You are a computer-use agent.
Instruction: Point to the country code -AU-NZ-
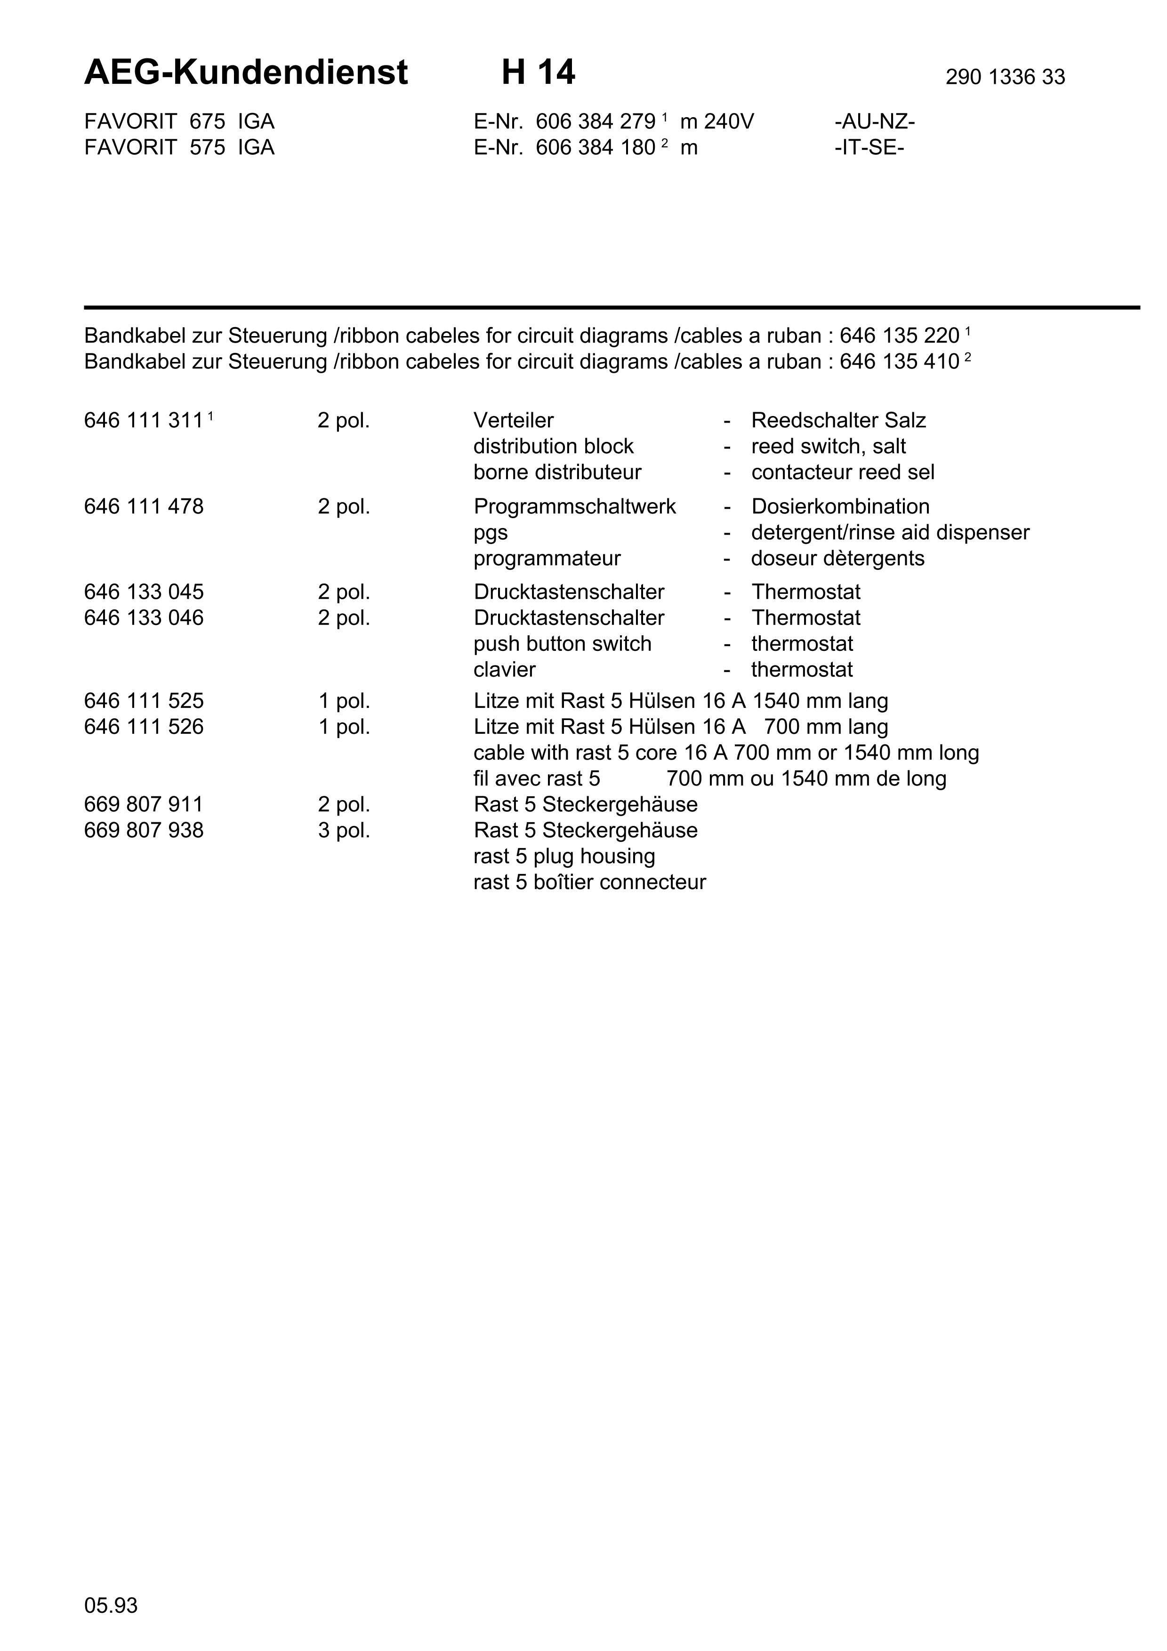(874, 121)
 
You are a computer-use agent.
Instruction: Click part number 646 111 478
(144, 507)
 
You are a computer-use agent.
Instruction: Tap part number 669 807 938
(144, 831)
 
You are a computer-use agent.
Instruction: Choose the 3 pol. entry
(344, 831)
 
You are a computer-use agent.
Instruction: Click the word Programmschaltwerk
(574, 507)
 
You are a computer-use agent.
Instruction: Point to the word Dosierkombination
(840, 507)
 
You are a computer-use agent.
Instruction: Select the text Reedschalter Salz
(838, 421)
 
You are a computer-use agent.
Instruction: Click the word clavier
(504, 670)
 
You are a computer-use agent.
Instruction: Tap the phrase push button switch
(562, 644)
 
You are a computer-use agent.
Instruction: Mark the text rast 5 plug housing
(563, 857)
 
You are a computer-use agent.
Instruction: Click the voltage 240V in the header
(729, 121)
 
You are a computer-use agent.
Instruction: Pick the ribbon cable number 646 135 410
(899, 362)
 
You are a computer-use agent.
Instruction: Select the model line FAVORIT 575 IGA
(179, 147)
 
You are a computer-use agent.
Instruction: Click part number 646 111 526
(144, 727)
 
